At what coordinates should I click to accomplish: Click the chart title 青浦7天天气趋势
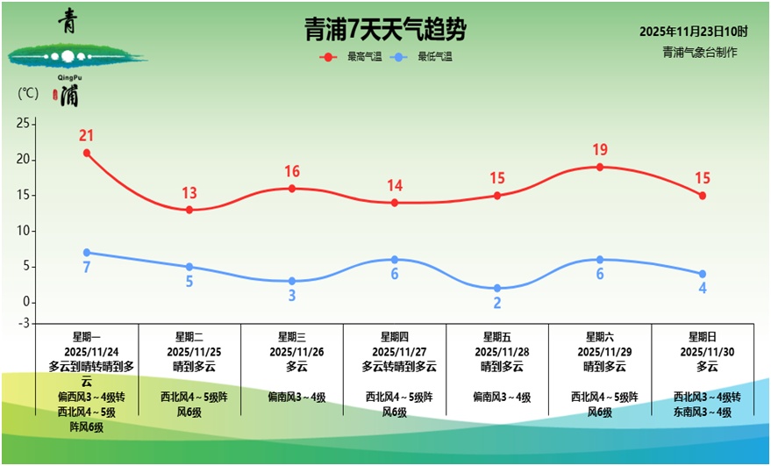pos(385,31)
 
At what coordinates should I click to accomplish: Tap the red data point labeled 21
pos(87,153)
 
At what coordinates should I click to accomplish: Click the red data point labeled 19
pos(600,167)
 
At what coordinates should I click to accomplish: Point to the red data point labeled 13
pos(189,210)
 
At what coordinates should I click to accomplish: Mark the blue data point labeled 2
pos(497,288)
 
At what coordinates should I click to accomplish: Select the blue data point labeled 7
pos(87,253)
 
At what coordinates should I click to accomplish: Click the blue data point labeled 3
pos(292,281)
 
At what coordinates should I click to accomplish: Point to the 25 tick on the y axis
pos(24,124)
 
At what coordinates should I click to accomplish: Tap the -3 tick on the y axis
pos(24,324)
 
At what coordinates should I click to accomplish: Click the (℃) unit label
pos(28,93)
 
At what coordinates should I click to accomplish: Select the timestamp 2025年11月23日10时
pos(693,32)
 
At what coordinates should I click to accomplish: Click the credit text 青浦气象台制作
pos(700,52)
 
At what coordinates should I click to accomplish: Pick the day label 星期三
pos(292,336)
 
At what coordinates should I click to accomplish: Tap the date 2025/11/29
pos(600,351)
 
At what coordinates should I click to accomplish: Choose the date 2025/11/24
pos(87,351)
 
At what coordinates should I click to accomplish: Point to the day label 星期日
pos(703,336)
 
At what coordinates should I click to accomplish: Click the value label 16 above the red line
pos(292,172)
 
